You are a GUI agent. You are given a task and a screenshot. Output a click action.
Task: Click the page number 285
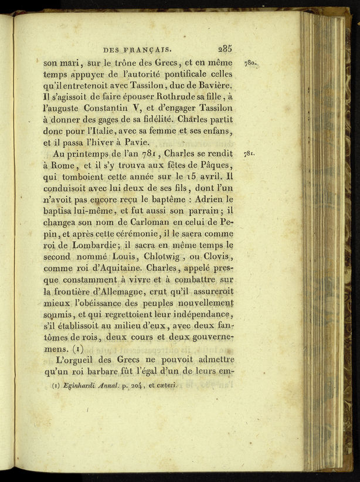click(x=225, y=49)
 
